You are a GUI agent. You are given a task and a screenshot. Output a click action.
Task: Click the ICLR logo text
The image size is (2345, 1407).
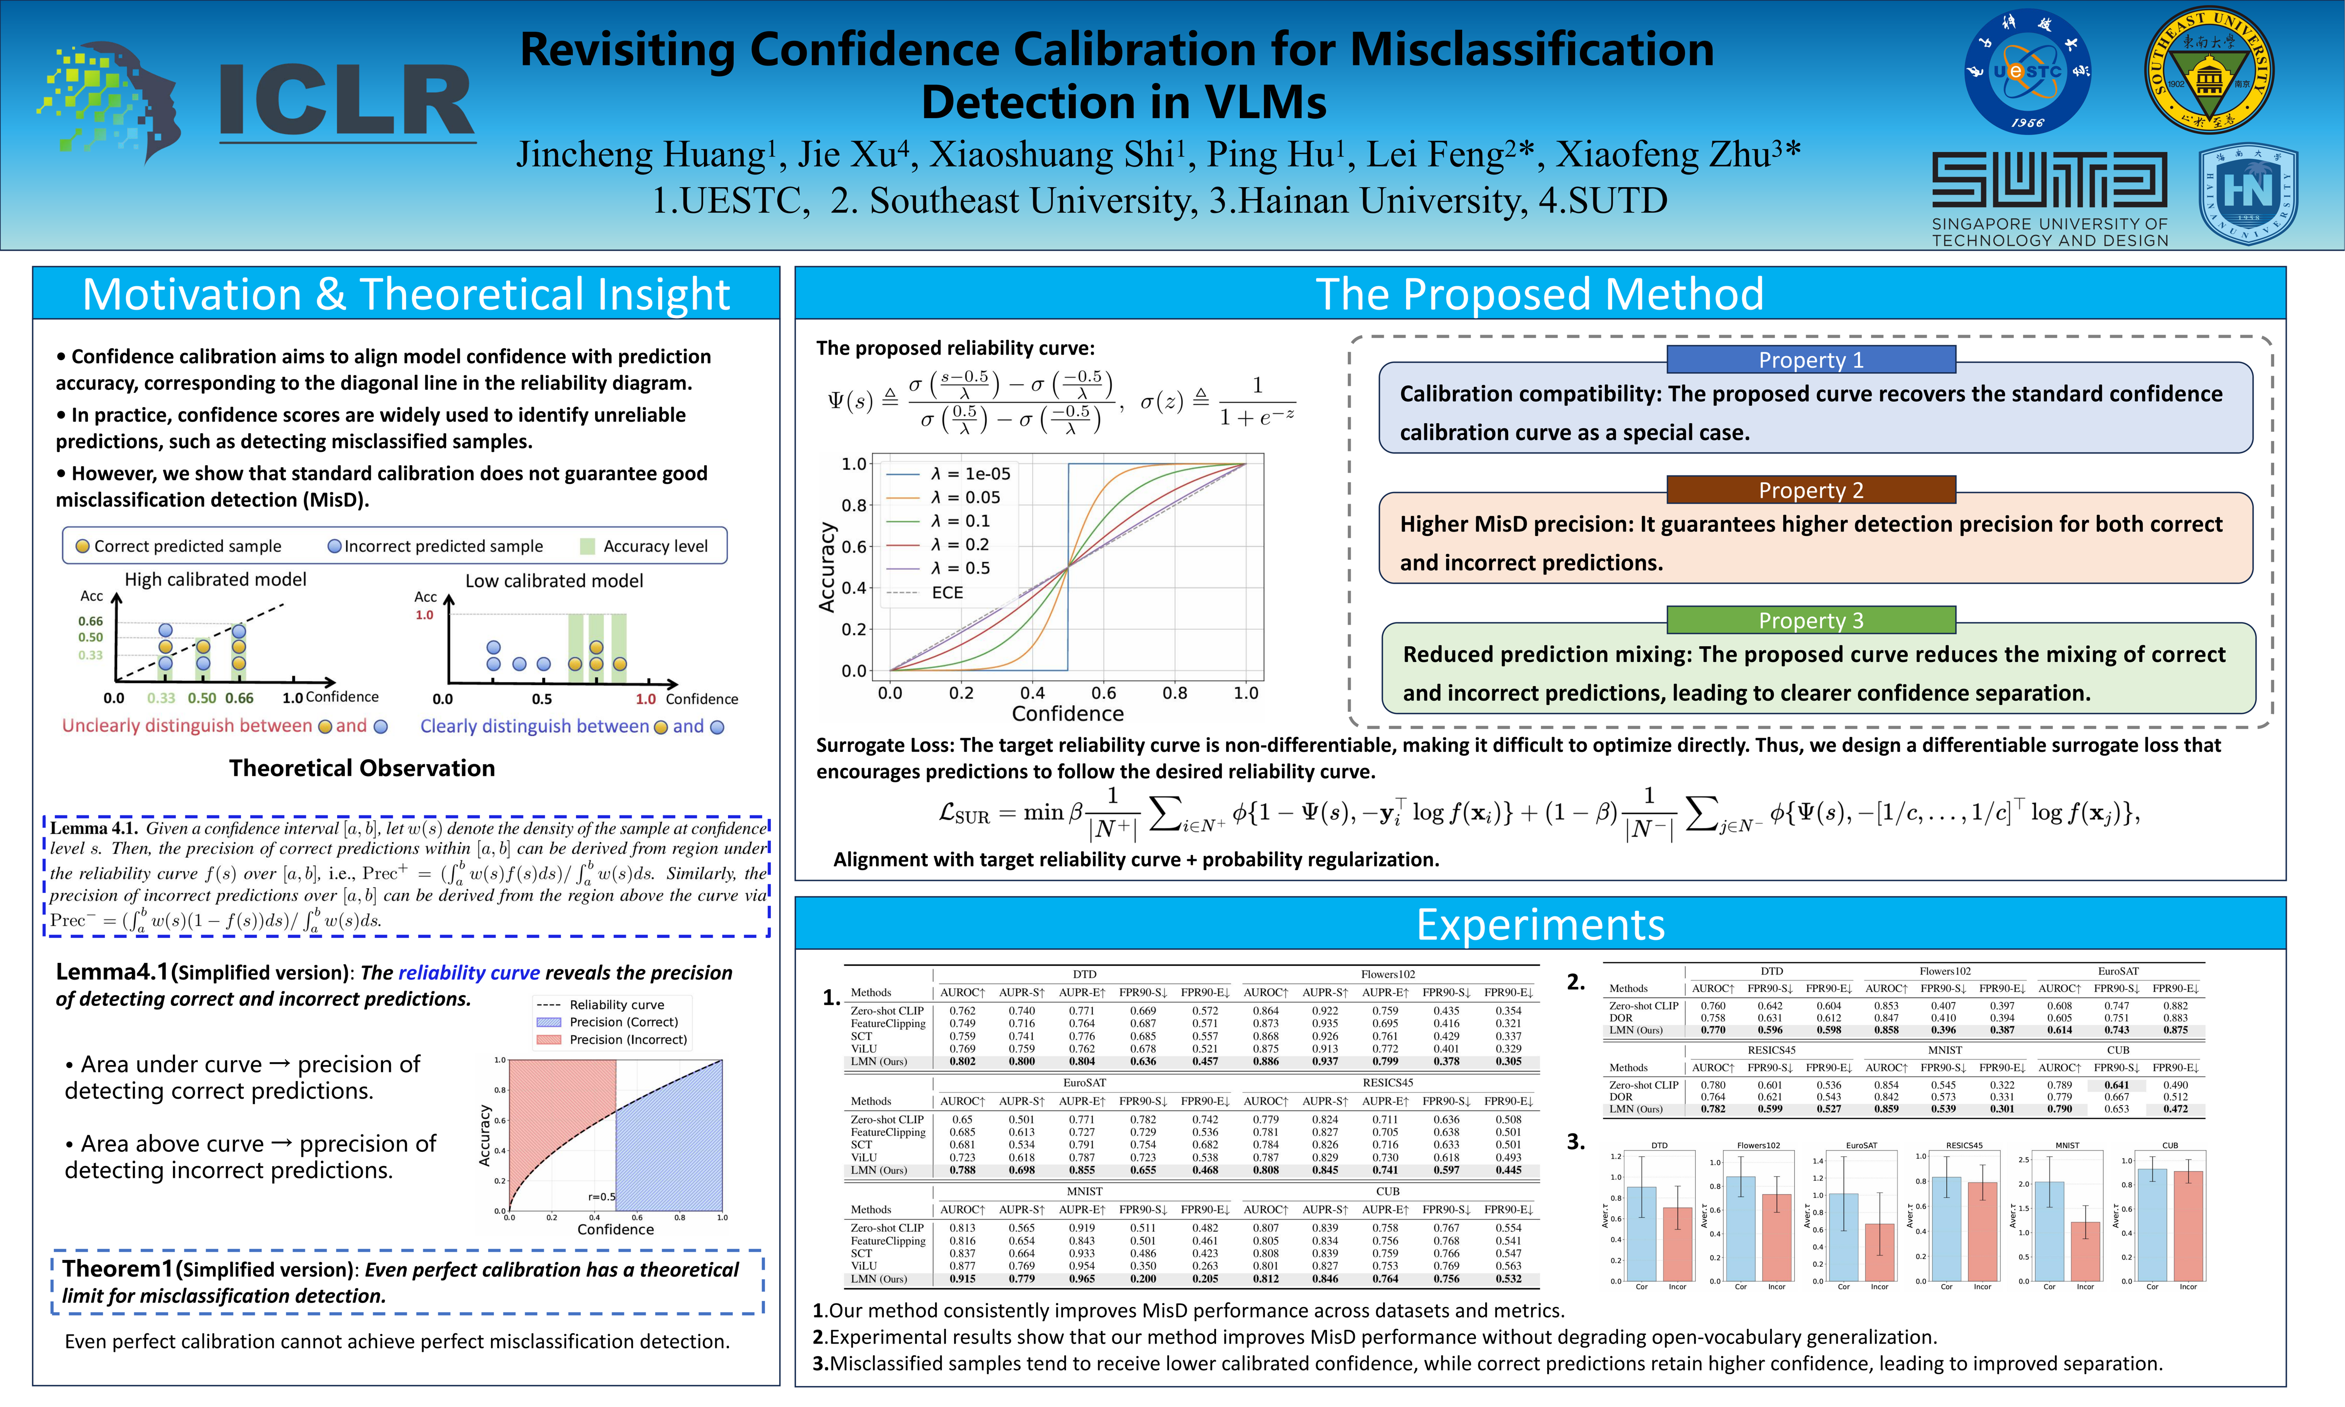pyautogui.click(x=346, y=102)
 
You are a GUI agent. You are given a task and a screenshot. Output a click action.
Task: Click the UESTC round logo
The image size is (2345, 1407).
pyautogui.click(x=2027, y=71)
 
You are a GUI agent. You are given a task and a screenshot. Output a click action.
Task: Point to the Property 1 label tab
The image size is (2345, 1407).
pyautogui.click(x=1811, y=360)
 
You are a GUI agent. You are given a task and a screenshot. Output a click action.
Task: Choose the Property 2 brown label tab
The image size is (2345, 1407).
pyautogui.click(x=1811, y=490)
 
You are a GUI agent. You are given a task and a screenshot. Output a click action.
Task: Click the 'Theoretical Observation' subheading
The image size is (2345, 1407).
pyautogui.click(x=362, y=768)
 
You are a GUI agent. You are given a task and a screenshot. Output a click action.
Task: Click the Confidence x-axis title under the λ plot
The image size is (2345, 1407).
pyautogui.click(x=1067, y=713)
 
